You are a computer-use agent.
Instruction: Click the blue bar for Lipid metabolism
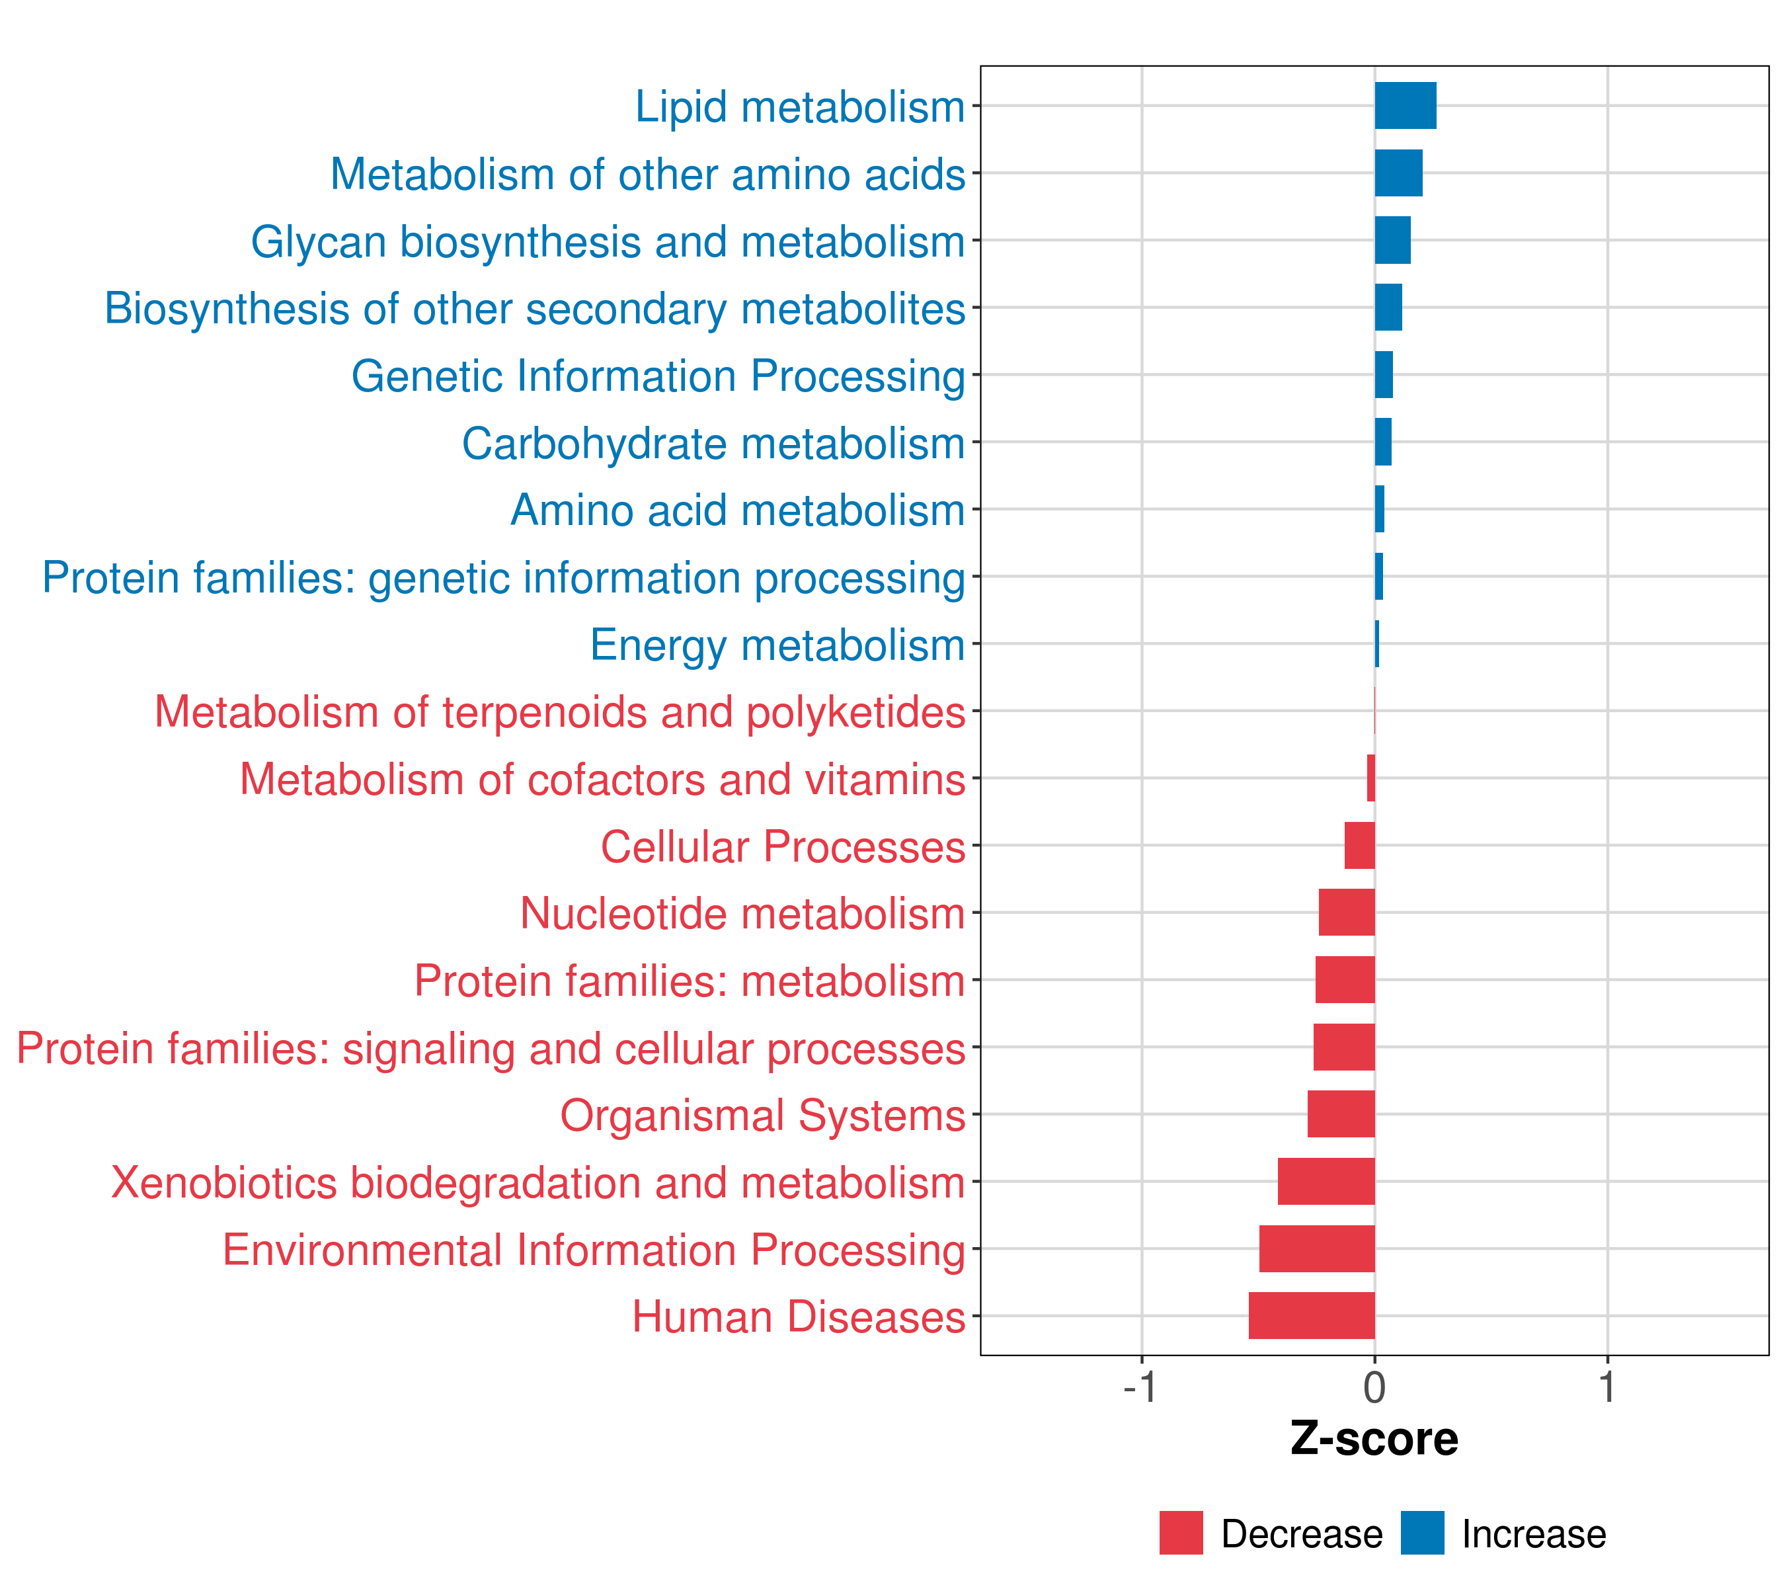pyautogui.click(x=1405, y=106)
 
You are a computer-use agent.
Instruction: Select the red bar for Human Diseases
pyautogui.click(x=1312, y=1315)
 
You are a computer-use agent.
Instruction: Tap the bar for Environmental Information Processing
pyautogui.click(x=1317, y=1248)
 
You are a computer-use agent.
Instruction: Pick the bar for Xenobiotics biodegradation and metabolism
pyautogui.click(x=1327, y=1181)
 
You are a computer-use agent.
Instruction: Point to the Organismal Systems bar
pyautogui.click(x=1341, y=1114)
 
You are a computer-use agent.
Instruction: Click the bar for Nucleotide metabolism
pyautogui.click(x=1347, y=912)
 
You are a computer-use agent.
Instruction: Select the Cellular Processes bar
pyautogui.click(x=1360, y=844)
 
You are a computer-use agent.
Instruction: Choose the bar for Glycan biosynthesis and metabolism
pyautogui.click(x=1392, y=240)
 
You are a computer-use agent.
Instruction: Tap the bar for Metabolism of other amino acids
pyautogui.click(x=1398, y=173)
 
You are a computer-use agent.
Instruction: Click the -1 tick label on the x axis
pyautogui.click(x=1140, y=1388)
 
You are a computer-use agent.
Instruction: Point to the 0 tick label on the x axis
pyautogui.click(x=1374, y=1388)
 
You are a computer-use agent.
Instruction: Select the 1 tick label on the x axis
pyautogui.click(x=1607, y=1388)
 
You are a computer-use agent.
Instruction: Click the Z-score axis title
pyautogui.click(x=1374, y=1440)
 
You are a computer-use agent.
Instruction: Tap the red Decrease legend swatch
pyautogui.click(x=1181, y=1533)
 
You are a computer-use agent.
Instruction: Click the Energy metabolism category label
pyautogui.click(x=777, y=645)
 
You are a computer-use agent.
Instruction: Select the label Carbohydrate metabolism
pyautogui.click(x=713, y=444)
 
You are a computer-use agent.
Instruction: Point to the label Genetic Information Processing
pyautogui.click(x=658, y=376)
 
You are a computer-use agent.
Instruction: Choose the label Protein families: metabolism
pyautogui.click(x=689, y=981)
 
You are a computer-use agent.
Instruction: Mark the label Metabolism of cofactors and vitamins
pyautogui.click(x=602, y=779)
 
